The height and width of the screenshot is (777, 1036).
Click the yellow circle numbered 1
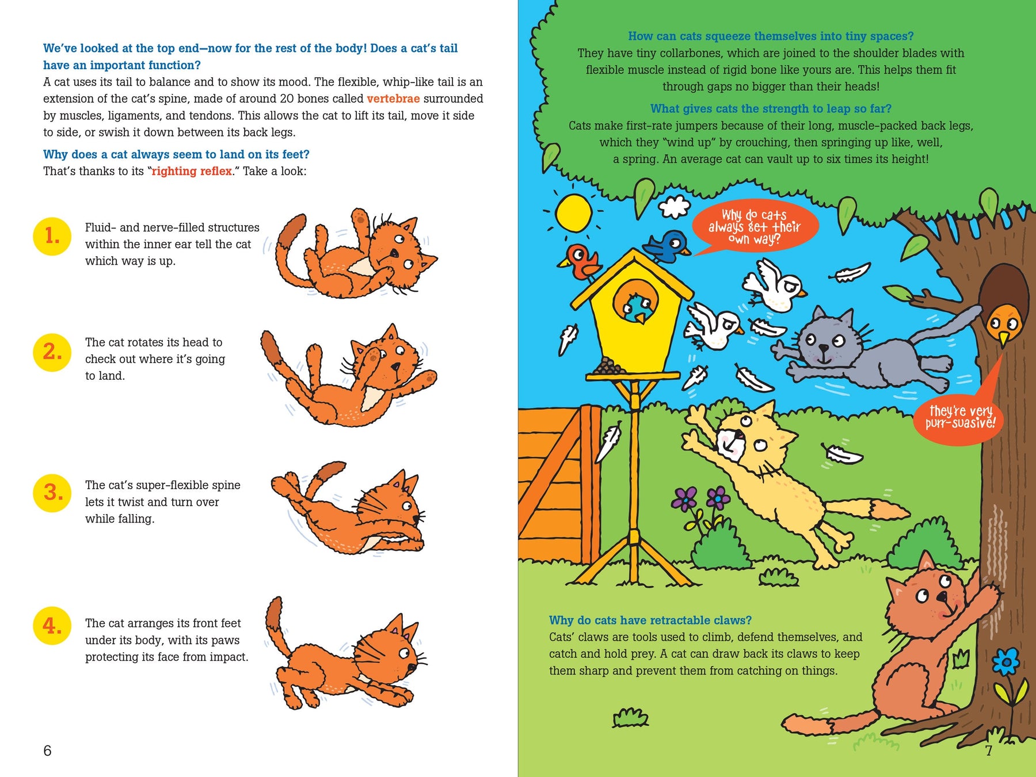(52, 236)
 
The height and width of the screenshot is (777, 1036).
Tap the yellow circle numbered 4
(52, 625)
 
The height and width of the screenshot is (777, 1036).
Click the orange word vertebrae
(393, 98)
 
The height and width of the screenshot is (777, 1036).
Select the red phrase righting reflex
(192, 171)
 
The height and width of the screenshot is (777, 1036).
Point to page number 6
(47, 751)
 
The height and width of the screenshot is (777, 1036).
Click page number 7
(989, 751)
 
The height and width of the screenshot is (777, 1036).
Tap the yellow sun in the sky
(574, 213)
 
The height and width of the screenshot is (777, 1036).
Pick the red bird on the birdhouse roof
(581, 261)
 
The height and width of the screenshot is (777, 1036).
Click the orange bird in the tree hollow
(1004, 325)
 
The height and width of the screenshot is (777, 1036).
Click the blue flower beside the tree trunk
(1006, 662)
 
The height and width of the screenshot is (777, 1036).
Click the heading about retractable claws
(650, 620)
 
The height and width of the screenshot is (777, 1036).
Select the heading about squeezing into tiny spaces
(771, 36)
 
